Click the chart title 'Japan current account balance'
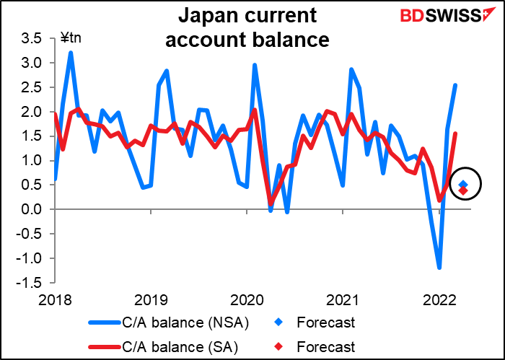pos(247,27)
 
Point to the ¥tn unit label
pos(71,38)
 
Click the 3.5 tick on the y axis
pos(32,39)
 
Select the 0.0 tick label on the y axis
pos(32,209)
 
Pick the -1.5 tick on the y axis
pos(30,283)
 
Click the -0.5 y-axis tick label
pos(30,234)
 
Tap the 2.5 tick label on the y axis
pos(32,87)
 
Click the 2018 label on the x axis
pos(54,300)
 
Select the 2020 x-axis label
pos(247,300)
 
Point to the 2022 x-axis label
pos(439,300)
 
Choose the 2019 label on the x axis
pos(151,300)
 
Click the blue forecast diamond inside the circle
pos(463,184)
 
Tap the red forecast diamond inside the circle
pos(463,190)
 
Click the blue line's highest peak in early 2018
pos(71,52)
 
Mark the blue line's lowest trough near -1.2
pos(439,268)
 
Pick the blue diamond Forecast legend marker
pos(279,323)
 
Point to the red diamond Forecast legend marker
pos(279,347)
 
